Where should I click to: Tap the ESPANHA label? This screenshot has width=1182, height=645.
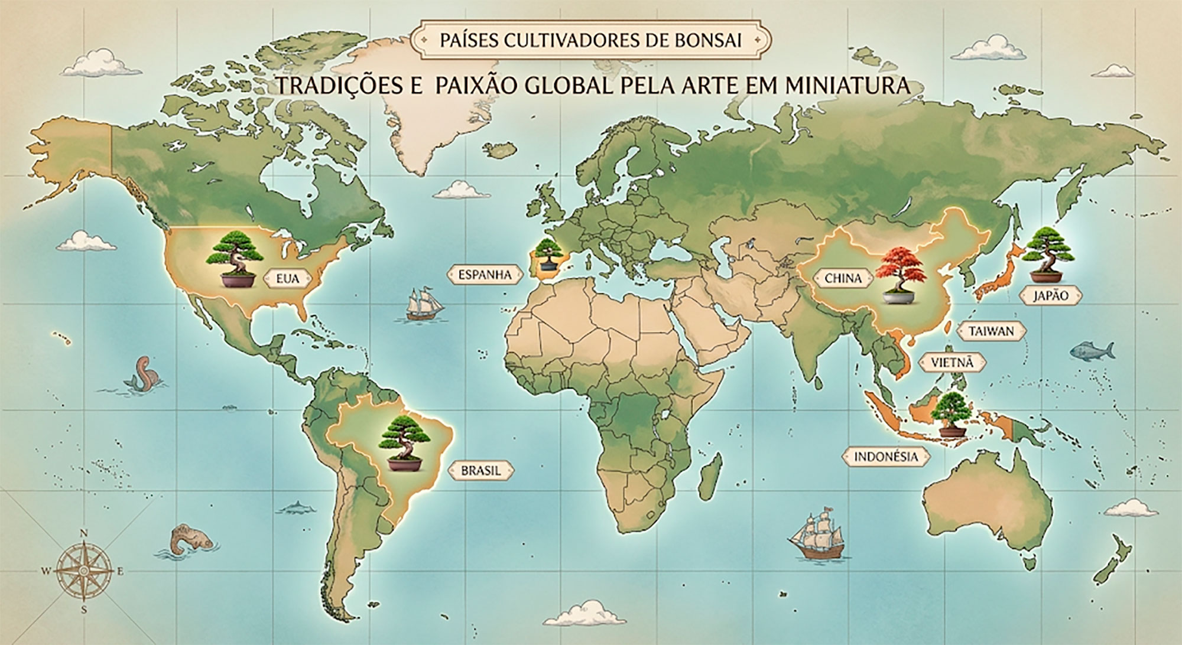pos(484,275)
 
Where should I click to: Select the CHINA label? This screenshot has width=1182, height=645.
pos(843,278)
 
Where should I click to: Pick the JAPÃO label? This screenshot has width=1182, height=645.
pos(1050,295)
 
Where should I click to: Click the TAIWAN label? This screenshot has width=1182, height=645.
pos(991,331)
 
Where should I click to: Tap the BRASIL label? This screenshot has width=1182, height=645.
pos(480,471)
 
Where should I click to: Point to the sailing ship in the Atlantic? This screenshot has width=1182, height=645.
pos(423,304)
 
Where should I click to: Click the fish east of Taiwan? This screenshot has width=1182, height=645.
pos(1091,351)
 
